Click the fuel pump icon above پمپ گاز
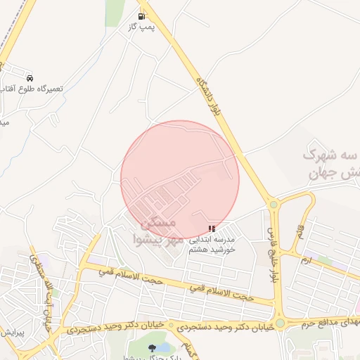[142, 15]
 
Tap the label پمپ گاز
[141, 26]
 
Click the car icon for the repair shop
[30, 77]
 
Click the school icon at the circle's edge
[212, 229]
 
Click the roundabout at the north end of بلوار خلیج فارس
[274, 205]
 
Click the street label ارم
[305, 261]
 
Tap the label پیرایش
[12, 331]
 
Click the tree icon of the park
[153, 347]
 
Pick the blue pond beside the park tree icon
[164, 347]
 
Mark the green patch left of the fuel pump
[115, 13]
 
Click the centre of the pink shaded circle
[180, 180]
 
